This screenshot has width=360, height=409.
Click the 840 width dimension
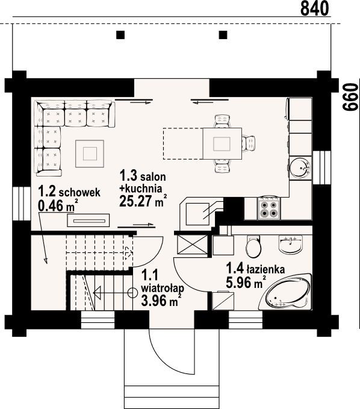tap(314, 8)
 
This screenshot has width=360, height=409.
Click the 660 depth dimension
tap(349, 96)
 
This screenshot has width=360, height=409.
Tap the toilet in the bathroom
tap(254, 248)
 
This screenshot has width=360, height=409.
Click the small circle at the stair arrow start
tap(132, 294)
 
